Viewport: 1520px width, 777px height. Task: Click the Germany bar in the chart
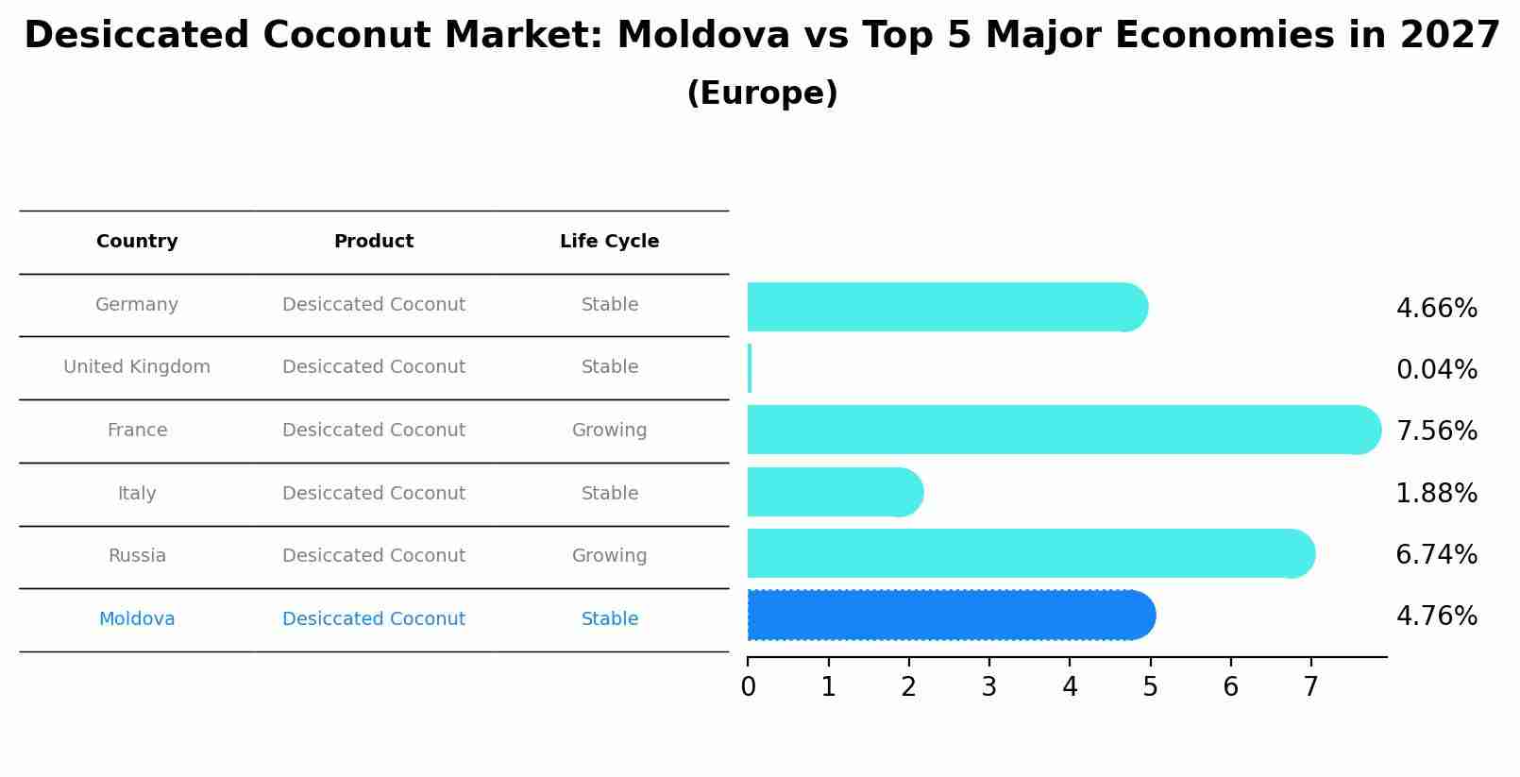[944, 307]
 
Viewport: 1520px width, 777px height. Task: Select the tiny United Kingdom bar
[750, 368]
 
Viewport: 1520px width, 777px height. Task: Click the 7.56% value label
[1436, 431]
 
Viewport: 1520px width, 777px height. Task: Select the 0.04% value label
[1436, 370]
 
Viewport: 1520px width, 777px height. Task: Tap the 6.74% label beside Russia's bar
[1436, 555]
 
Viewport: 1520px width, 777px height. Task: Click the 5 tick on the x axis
[1150, 687]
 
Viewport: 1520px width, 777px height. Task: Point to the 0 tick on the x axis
[748, 687]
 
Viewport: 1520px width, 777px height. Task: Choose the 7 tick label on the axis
[1310, 687]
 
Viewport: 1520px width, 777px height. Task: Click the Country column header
[137, 242]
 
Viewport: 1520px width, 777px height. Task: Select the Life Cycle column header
[609, 242]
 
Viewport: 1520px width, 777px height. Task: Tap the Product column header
[374, 242]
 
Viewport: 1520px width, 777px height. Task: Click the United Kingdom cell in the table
[137, 367]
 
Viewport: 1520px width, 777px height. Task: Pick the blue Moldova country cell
[137, 619]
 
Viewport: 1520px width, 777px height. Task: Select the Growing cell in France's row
[609, 431]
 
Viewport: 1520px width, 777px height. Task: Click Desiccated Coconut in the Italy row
[374, 494]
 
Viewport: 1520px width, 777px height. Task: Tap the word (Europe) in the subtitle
[762, 93]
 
